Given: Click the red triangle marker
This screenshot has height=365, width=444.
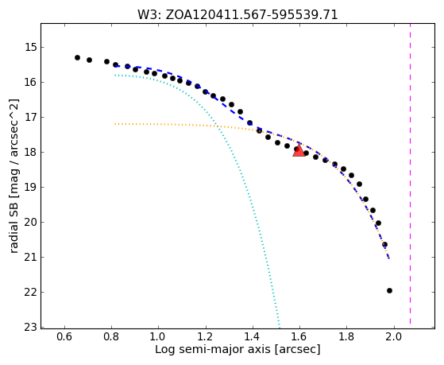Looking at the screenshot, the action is (299, 150).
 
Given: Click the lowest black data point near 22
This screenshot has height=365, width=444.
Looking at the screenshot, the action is (389, 290).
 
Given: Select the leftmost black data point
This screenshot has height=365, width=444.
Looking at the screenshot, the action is (77, 57).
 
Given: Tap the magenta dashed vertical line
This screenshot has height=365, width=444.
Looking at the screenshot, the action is (410, 173).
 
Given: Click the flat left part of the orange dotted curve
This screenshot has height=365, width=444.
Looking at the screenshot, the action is (159, 124).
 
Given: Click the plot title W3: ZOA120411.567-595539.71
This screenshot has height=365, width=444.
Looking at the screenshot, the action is (237, 15).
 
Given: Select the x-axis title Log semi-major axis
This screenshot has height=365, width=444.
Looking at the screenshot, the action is (213, 349).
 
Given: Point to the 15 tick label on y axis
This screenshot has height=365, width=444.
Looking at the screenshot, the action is (30, 47).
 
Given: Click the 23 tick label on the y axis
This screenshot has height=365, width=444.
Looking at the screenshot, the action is (30, 327).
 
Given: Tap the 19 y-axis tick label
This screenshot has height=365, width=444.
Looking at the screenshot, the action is (30, 187).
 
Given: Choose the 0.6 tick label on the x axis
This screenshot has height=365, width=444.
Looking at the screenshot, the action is (64, 336).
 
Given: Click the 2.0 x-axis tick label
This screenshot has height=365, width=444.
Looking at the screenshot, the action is (394, 336).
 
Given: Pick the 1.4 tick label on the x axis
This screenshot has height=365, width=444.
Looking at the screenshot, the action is (253, 336).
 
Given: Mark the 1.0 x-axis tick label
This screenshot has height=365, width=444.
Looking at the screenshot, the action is (159, 336).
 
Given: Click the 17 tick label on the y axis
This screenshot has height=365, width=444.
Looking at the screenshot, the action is (30, 117).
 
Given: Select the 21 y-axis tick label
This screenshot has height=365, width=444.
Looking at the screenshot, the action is (30, 257).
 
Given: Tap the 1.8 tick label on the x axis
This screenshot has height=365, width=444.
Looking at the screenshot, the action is (347, 336).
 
